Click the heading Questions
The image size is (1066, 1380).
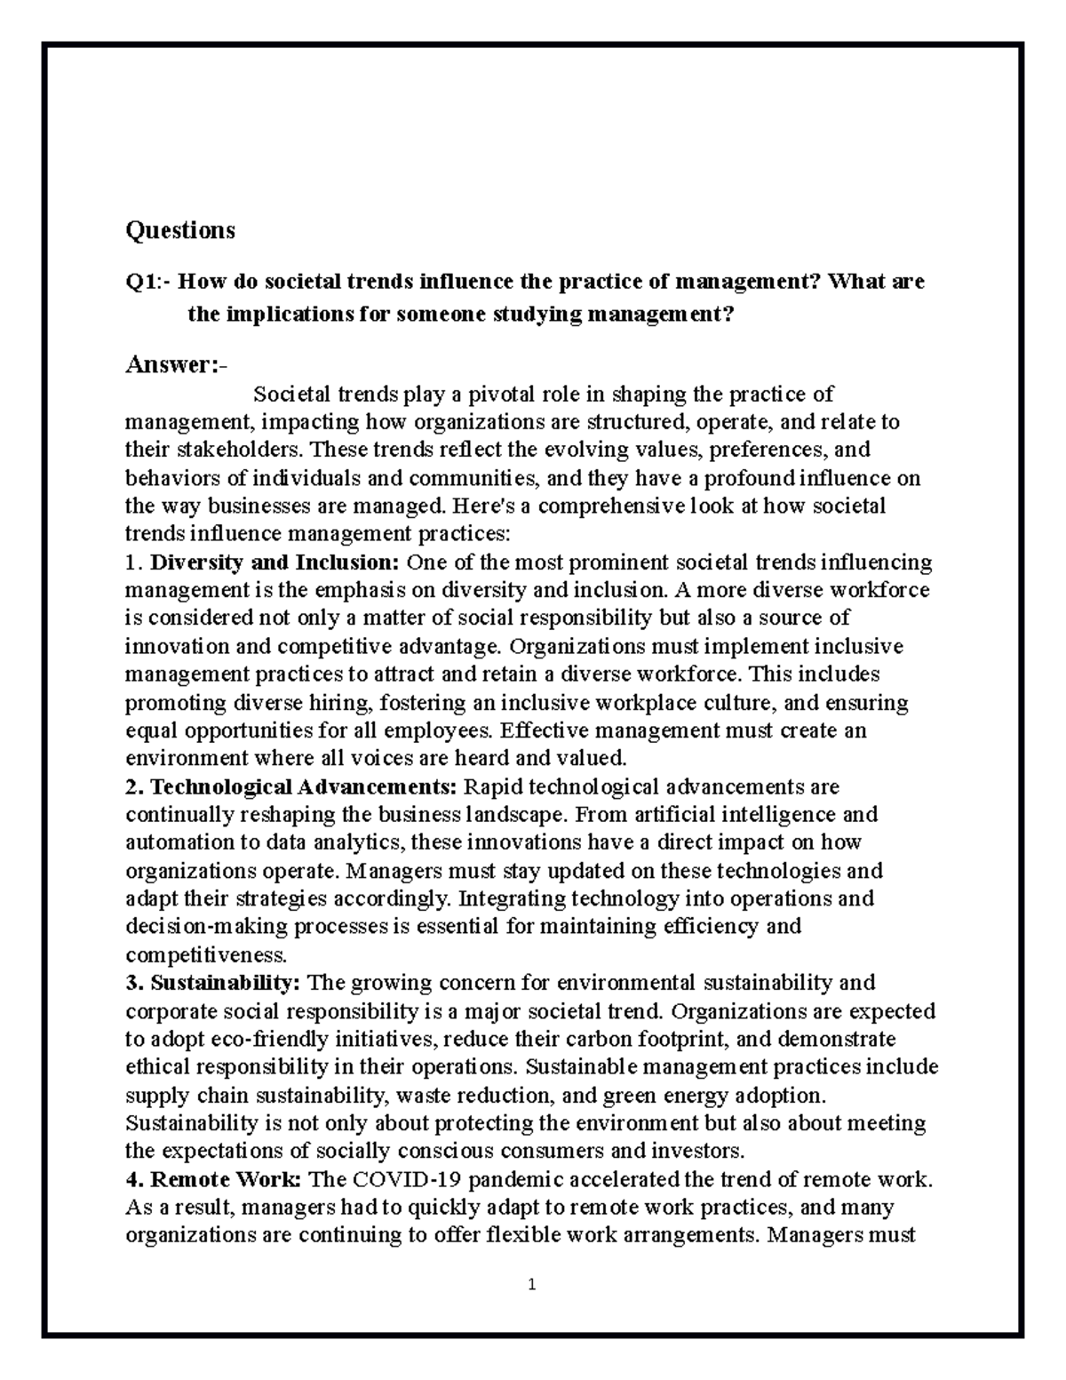coord(180,230)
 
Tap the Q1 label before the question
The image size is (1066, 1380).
coord(143,283)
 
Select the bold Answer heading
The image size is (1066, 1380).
coord(174,364)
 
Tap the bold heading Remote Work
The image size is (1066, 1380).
coord(227,1180)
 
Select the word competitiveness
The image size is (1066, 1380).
coord(206,955)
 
